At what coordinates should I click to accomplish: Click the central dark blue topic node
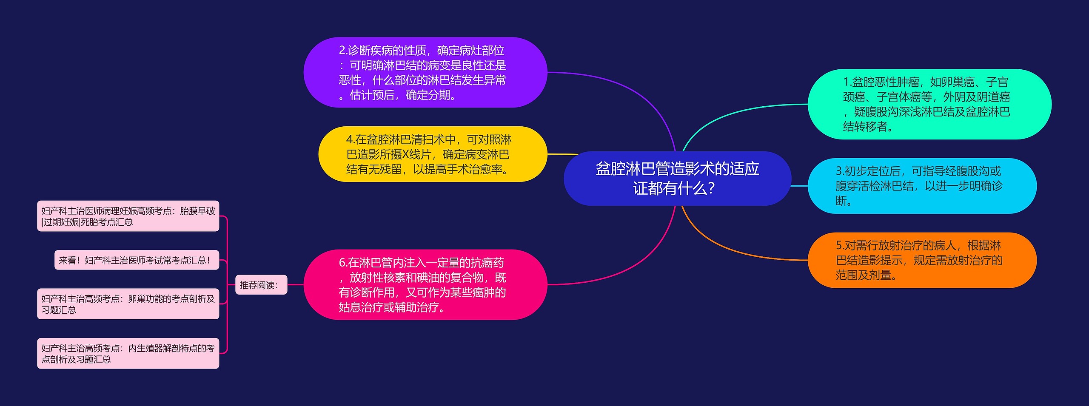tap(677, 179)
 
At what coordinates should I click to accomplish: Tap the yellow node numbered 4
tap(432, 154)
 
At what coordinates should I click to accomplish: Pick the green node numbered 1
tap(929, 104)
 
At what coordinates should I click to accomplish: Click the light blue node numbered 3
tap(921, 186)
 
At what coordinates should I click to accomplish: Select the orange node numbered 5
tap(921, 260)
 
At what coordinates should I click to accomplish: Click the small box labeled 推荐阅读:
tap(261, 285)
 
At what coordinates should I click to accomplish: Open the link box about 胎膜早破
tap(128, 216)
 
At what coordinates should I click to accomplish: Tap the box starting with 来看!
tap(137, 260)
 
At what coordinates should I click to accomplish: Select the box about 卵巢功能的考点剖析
tap(128, 304)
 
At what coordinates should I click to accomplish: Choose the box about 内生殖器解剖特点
tap(128, 353)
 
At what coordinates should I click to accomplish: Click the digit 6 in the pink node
tap(342, 263)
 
